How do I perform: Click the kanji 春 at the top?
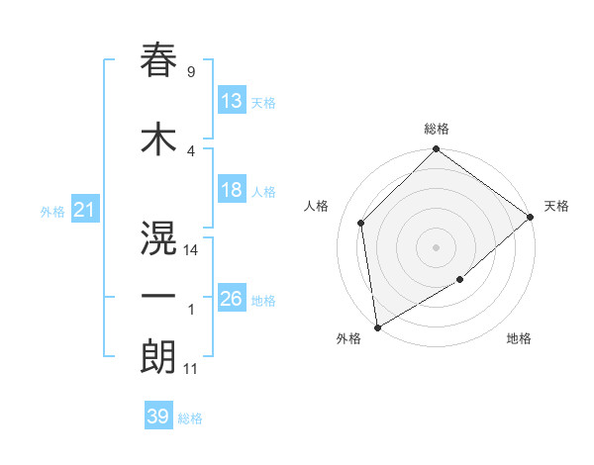click(x=158, y=61)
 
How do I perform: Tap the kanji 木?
click(x=158, y=140)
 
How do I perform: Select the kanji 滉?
click(x=158, y=238)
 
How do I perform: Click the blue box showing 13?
click(x=232, y=101)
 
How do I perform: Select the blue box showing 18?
click(x=232, y=190)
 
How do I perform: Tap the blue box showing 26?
click(x=232, y=299)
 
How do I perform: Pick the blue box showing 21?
click(x=84, y=210)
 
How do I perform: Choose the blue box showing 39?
click(x=158, y=417)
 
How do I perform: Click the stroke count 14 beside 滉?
click(x=191, y=250)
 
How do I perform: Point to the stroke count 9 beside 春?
click(x=190, y=72)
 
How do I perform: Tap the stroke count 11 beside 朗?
click(x=190, y=369)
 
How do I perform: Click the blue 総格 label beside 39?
click(x=190, y=418)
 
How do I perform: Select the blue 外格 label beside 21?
click(x=51, y=212)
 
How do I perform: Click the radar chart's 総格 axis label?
click(x=437, y=129)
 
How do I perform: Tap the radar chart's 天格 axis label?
click(x=556, y=206)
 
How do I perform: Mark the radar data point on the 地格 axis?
click(x=460, y=280)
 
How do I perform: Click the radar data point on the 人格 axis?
click(x=361, y=223)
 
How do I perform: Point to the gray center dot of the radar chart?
click(x=437, y=246)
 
